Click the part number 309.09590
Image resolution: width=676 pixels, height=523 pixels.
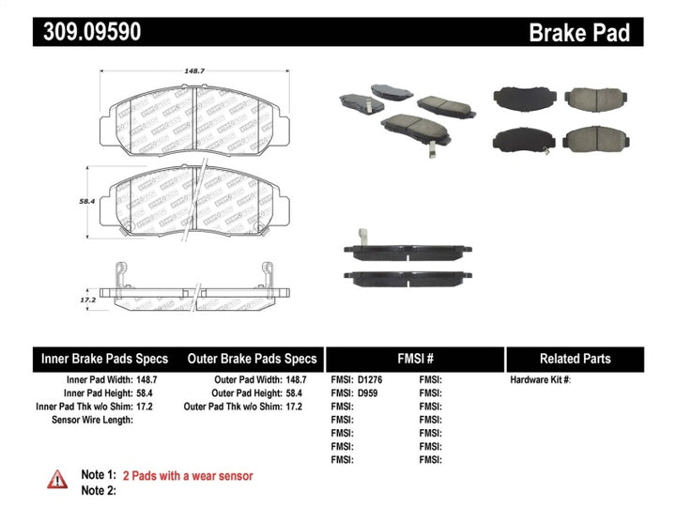tap(89, 32)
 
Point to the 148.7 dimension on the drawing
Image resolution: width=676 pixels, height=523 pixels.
tap(170, 69)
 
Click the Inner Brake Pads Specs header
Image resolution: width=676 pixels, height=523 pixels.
tap(103, 359)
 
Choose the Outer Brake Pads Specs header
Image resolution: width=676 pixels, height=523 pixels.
tap(252, 359)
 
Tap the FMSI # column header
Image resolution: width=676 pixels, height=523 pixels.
tap(415, 359)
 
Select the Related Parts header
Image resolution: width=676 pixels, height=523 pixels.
tap(575, 359)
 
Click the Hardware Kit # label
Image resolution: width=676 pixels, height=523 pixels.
tap(540, 380)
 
